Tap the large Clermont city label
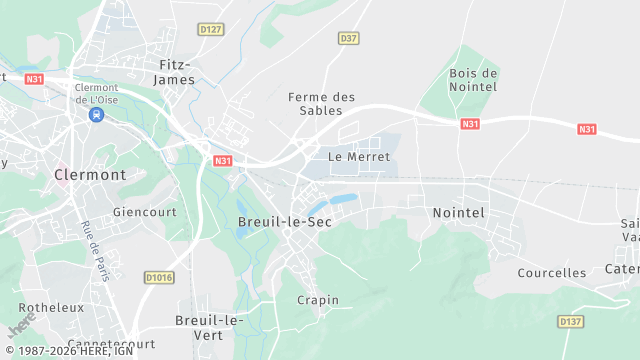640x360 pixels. [89, 174]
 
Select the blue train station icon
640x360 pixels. [96, 115]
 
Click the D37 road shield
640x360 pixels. [348, 38]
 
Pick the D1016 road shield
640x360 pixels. [158, 277]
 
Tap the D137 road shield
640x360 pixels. [570, 321]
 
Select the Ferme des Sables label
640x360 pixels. [322, 103]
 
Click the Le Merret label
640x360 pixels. [359, 157]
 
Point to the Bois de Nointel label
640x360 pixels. [474, 80]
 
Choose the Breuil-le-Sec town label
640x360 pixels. [284, 221]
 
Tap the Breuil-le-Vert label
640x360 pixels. [209, 327]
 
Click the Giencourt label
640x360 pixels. [145, 212]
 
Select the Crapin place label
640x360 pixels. [318, 300]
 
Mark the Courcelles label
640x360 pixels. [552, 272]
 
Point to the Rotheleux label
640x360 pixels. [51, 307]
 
